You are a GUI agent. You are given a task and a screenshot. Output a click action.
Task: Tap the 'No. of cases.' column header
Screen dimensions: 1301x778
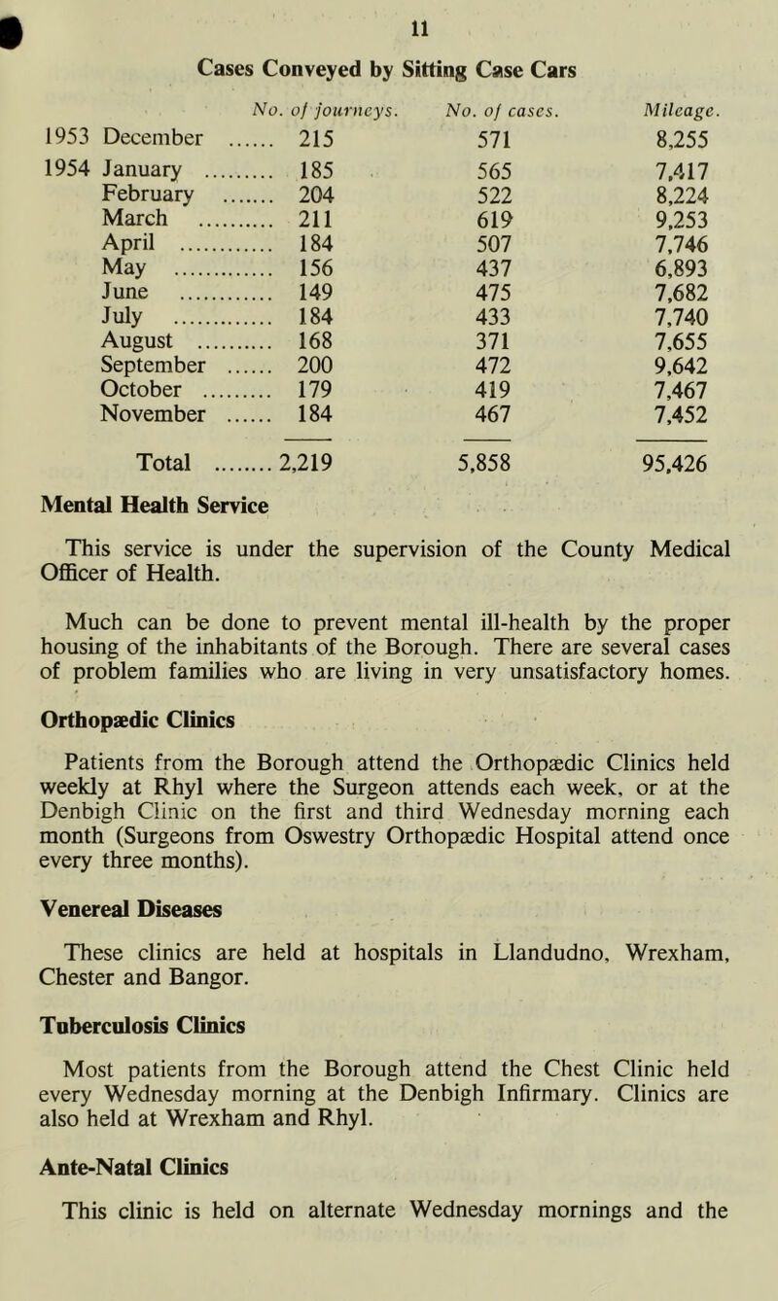[x=490, y=106]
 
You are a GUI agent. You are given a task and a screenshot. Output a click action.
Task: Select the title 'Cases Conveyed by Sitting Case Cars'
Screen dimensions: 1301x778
[x=390, y=68]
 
